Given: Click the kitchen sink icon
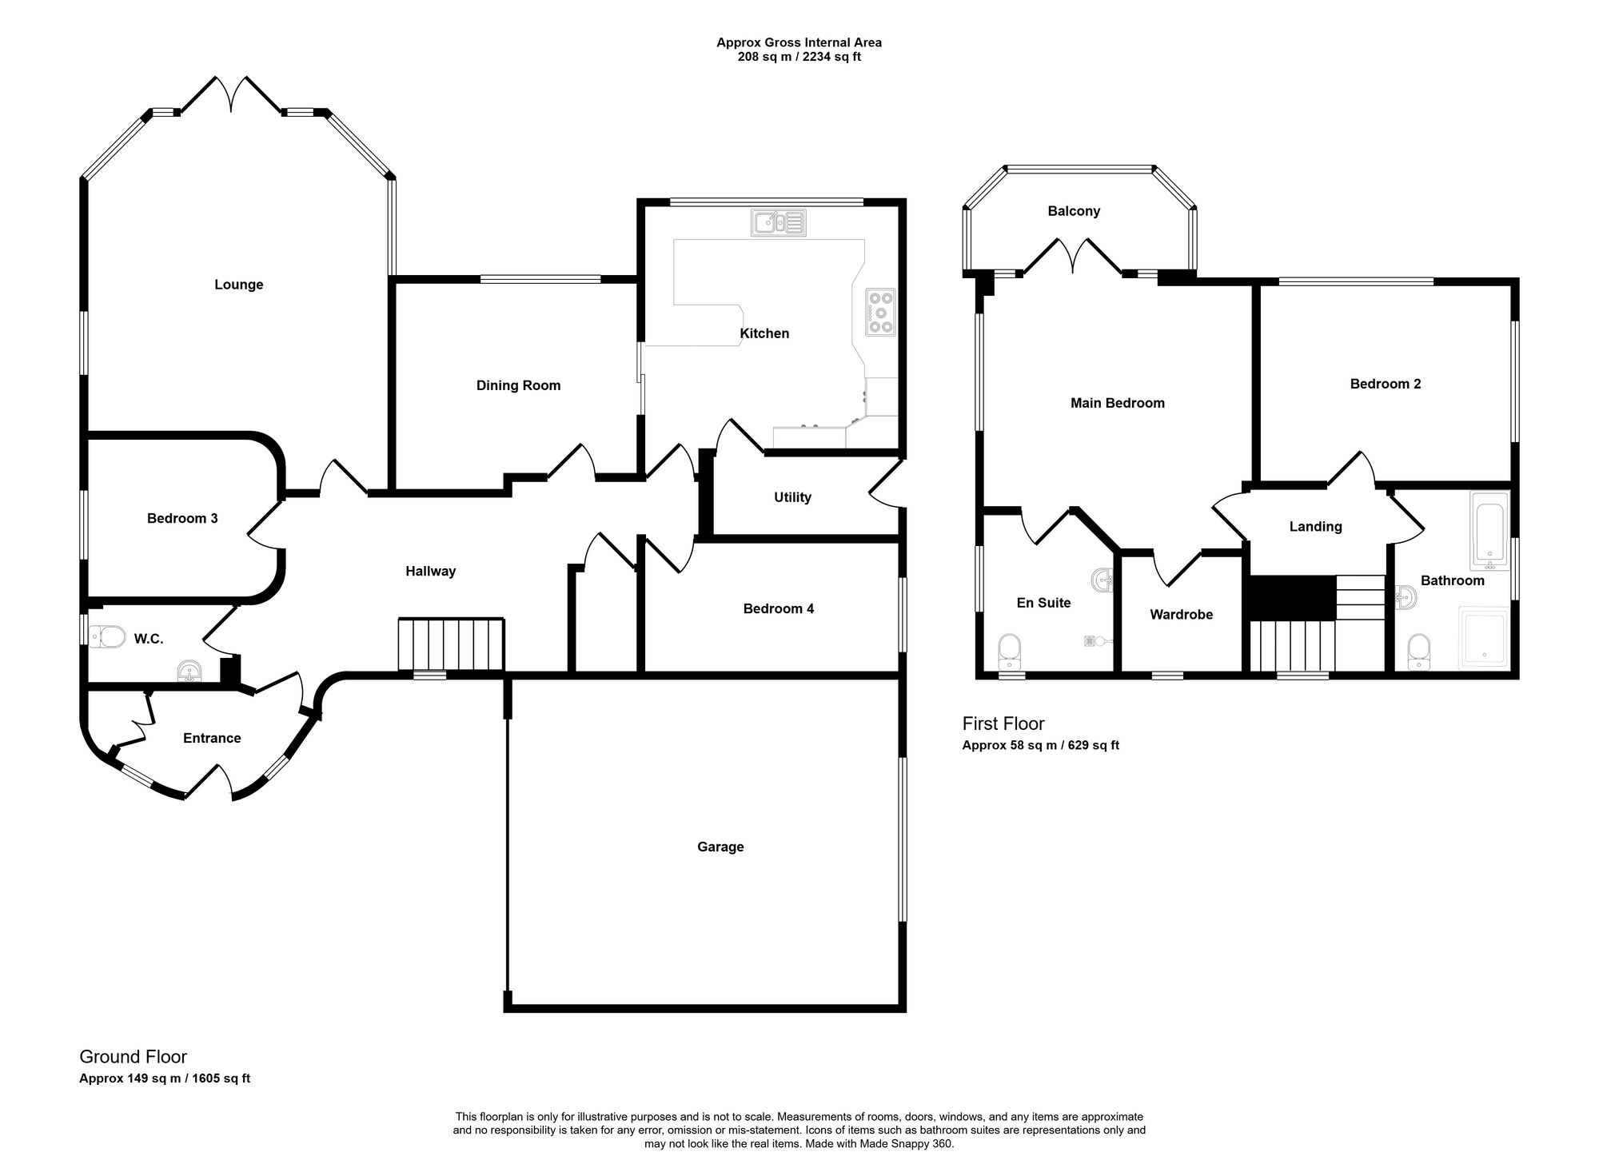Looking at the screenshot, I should click(778, 222).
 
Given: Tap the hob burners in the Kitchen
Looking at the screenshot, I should click(880, 313).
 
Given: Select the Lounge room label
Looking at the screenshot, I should click(238, 285).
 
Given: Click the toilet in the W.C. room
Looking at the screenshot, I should click(108, 637).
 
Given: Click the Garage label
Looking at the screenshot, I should click(720, 847).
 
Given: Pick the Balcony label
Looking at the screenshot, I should click(1074, 211).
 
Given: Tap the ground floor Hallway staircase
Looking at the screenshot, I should click(451, 644).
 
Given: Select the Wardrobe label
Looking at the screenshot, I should click(1181, 615).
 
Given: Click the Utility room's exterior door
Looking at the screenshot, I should click(886, 487).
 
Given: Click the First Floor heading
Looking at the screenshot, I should click(1003, 724).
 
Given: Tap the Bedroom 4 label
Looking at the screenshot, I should click(778, 609).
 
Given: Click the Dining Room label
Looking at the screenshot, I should click(518, 385).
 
